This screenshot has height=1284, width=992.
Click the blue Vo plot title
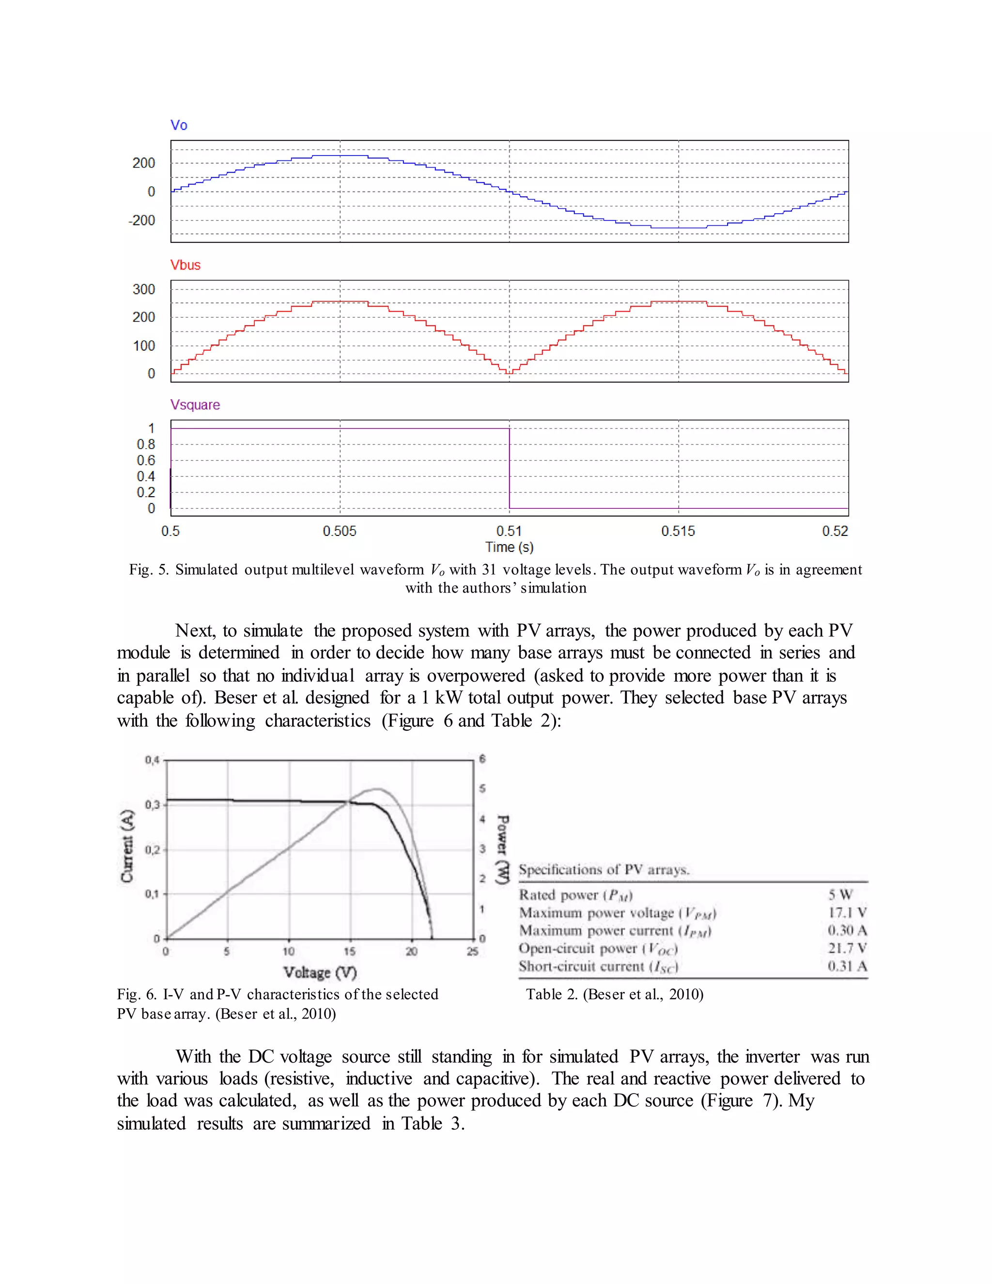pos(179,125)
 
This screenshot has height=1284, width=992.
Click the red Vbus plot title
pos(185,265)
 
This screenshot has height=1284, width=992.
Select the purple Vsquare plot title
pos(195,405)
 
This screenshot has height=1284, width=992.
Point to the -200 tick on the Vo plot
pos(141,220)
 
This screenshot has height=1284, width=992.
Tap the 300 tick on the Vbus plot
pos(144,289)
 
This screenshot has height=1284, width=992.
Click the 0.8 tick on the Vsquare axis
pos(146,444)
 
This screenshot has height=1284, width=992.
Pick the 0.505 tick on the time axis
pos(339,532)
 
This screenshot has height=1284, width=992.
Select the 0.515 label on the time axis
pos(678,532)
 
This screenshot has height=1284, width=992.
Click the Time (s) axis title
pos(509,548)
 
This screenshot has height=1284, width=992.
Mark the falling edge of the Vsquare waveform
pos(510,469)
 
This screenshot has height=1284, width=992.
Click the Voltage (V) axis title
pos(320,973)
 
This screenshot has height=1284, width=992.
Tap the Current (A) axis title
pos(127,846)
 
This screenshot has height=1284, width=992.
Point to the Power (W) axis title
pos(502,849)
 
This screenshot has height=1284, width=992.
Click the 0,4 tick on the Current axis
pos(152,760)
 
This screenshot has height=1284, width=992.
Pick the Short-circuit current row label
pos(598,967)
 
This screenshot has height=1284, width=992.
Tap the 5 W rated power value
pos(840,895)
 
